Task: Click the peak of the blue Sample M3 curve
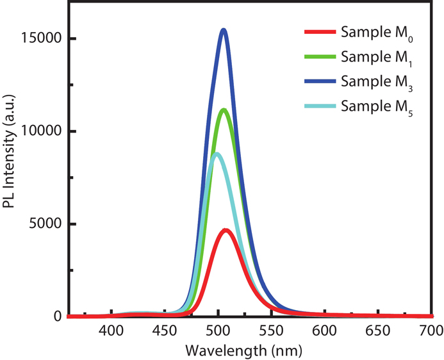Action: tap(224, 30)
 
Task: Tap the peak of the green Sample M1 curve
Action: tap(224, 110)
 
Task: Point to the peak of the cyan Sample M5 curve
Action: tap(217, 154)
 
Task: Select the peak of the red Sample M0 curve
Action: tap(226, 230)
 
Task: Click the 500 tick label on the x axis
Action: tap(218, 331)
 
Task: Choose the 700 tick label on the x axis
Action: tap(431, 331)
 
